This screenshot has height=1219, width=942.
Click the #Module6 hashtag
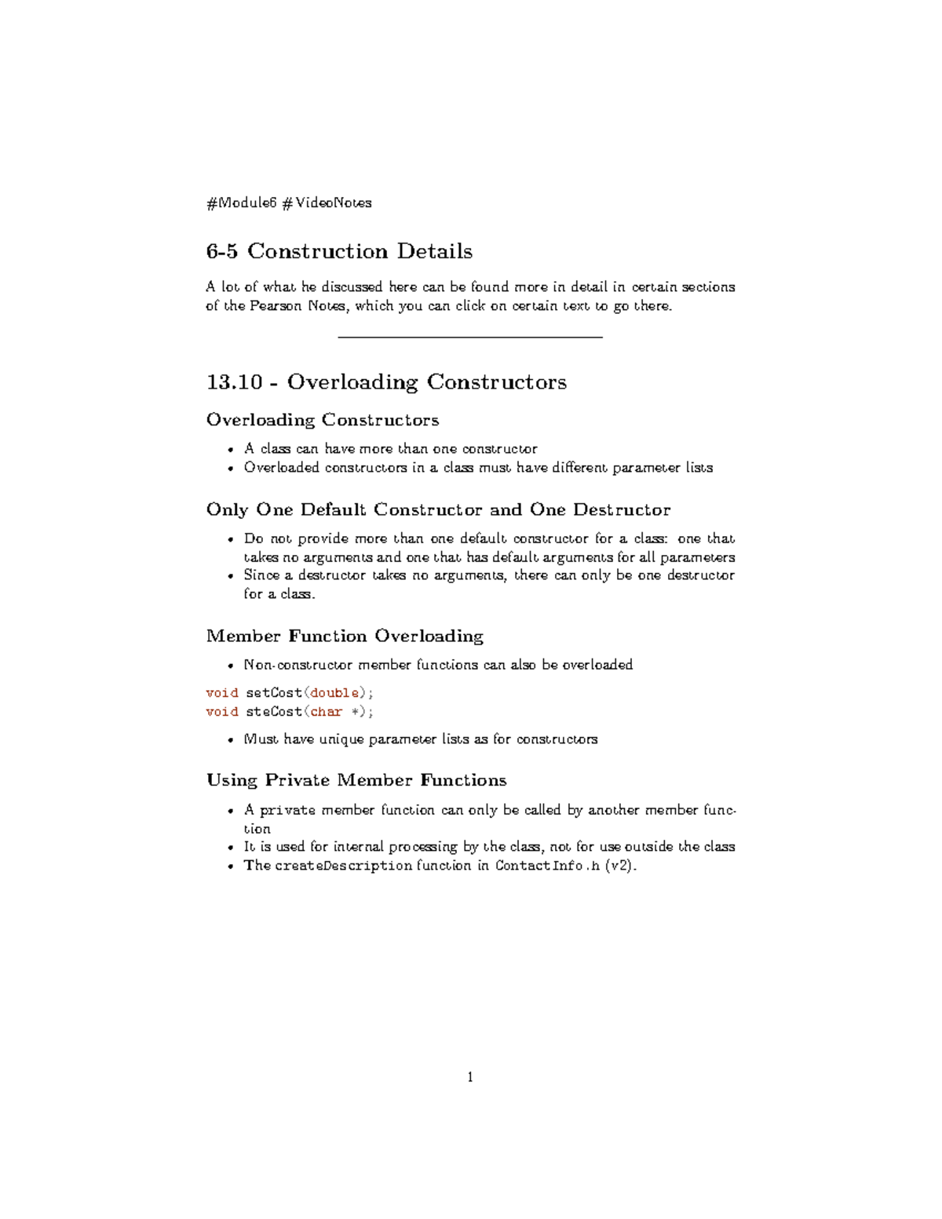coord(242,203)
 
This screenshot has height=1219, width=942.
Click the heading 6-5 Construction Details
coord(339,251)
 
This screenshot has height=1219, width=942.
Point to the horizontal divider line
coord(469,337)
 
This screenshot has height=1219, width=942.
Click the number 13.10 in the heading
coord(234,382)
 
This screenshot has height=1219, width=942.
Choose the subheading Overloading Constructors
coord(322,420)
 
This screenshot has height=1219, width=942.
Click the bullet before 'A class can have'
coord(231,450)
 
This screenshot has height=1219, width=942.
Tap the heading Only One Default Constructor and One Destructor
coord(438,510)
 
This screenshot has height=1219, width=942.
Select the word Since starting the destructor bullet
coord(261,575)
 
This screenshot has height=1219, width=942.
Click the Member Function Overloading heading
coord(345,636)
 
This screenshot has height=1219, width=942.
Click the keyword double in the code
coord(335,693)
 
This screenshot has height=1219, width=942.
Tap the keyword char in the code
coord(326,712)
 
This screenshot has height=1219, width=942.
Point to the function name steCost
coord(273,712)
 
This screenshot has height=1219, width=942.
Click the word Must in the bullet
coord(261,739)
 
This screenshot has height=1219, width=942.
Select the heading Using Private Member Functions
coord(356,780)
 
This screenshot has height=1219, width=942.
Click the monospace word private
coord(287,810)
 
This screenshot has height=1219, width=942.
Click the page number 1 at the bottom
coord(470,1077)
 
